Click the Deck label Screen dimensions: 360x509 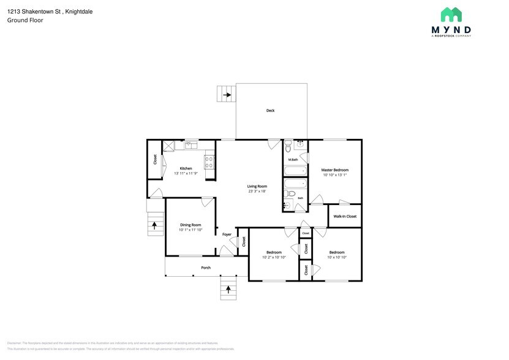click(x=270, y=111)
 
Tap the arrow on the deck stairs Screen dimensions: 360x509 click(x=227, y=95)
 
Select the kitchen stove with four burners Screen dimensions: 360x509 click(x=209, y=162)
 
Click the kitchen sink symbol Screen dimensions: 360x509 click(x=190, y=144)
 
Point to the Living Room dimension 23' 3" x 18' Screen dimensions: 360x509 click(x=257, y=192)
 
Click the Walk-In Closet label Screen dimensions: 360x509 click(x=344, y=216)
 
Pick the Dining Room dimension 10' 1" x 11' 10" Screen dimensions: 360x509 click(x=190, y=230)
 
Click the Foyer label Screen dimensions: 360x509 click(x=227, y=234)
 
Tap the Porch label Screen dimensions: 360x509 click(x=206, y=268)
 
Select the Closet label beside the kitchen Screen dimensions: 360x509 click(x=155, y=159)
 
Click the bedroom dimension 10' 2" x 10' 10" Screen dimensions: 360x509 click(x=274, y=258)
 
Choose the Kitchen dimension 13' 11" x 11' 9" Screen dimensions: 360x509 click(x=186, y=174)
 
